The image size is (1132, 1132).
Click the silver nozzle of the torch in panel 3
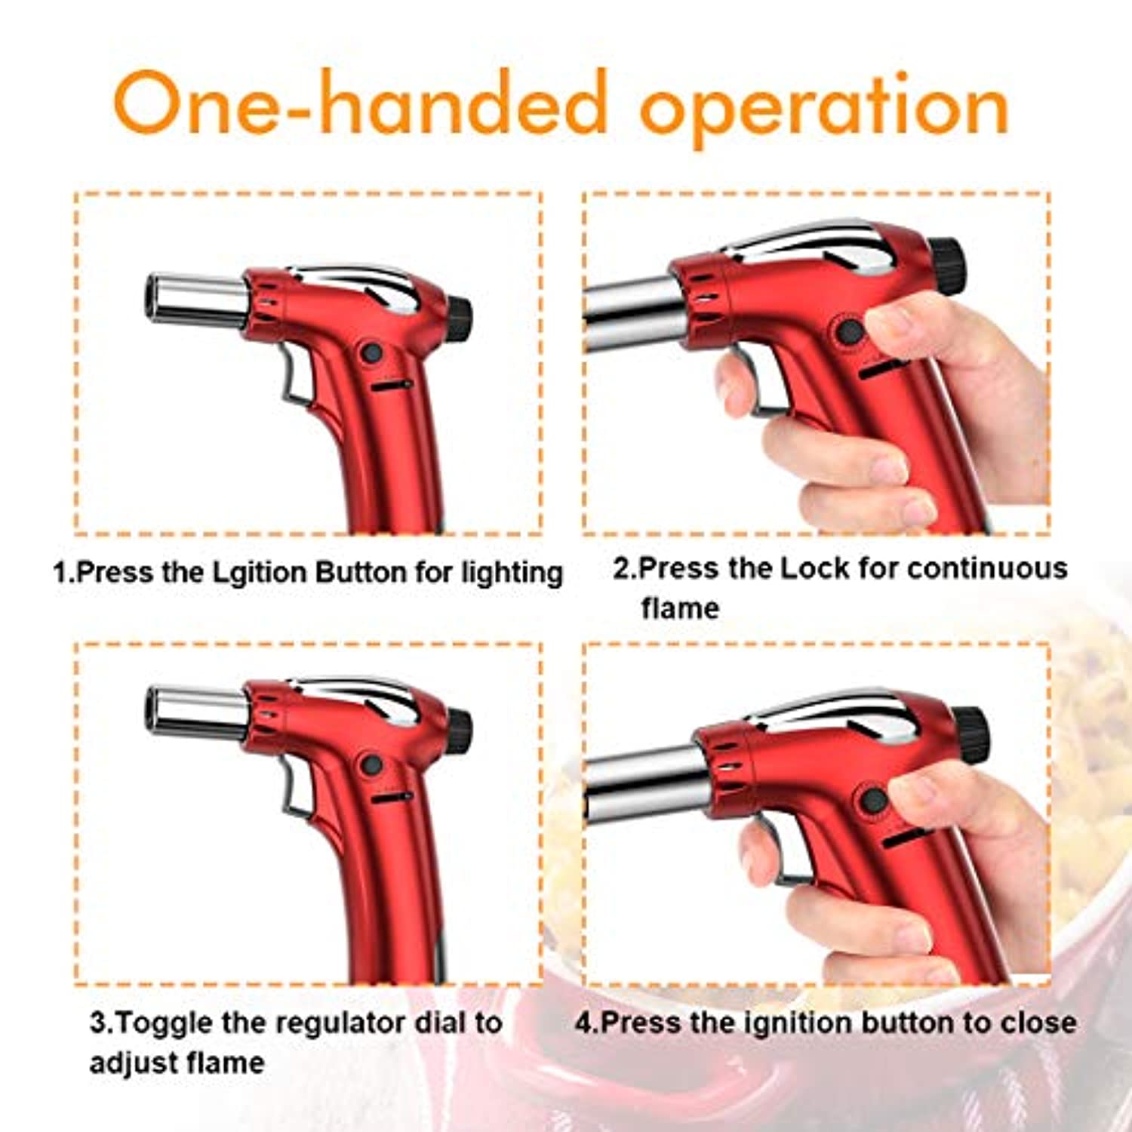196,711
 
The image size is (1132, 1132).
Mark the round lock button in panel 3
371,765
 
